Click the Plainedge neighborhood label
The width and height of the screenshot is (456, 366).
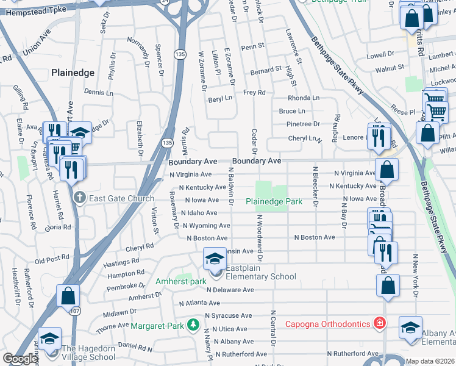pos(73,72)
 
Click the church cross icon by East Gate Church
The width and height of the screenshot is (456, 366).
pos(79,198)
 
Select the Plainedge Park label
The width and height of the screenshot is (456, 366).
pos(274,201)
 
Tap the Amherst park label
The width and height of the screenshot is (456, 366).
pos(181,282)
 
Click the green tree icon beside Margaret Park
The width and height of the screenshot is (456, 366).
pos(193,325)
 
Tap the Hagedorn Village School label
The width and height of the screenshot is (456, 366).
pos(88,353)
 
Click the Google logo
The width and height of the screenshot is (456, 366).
pos(20,359)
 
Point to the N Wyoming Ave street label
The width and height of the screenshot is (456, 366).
pos(206,226)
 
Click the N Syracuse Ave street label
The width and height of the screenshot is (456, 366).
pos(228,316)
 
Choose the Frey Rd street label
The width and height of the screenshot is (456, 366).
pos(254,93)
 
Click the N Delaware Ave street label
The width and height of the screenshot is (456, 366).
pos(230,290)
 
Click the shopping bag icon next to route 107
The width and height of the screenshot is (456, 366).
pos(68,296)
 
